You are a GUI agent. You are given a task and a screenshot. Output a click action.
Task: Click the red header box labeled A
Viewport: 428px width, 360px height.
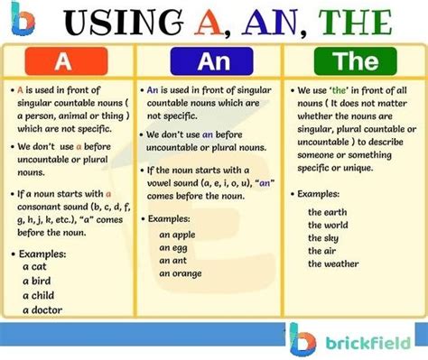pos(62,61)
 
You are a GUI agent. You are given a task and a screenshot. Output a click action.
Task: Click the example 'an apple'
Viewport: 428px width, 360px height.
pos(178,234)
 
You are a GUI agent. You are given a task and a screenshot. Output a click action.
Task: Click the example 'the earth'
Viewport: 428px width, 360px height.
pos(326,211)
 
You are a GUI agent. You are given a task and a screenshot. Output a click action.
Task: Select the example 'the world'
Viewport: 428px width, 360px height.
pos(327,224)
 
